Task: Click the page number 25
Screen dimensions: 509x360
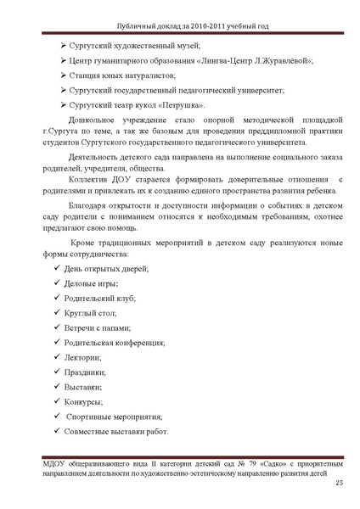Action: coord(340,483)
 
